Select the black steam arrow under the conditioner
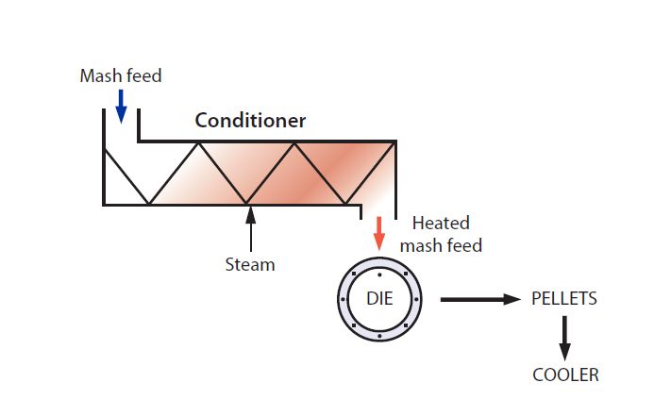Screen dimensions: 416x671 pos(250,227)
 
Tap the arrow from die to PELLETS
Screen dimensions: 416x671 pos(480,300)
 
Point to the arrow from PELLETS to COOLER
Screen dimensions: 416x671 pos(564,339)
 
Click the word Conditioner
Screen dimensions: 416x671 pos(250,121)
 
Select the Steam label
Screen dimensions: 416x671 pos(250,265)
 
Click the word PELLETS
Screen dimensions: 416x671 pos(564,299)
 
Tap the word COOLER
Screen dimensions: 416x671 pos(565,374)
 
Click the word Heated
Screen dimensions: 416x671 pos(441,224)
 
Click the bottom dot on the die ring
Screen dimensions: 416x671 pos(378,336)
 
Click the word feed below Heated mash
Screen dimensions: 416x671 pos(462,246)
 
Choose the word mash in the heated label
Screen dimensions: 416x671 pos(420,246)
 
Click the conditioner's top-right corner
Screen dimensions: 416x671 pos(395,141)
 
